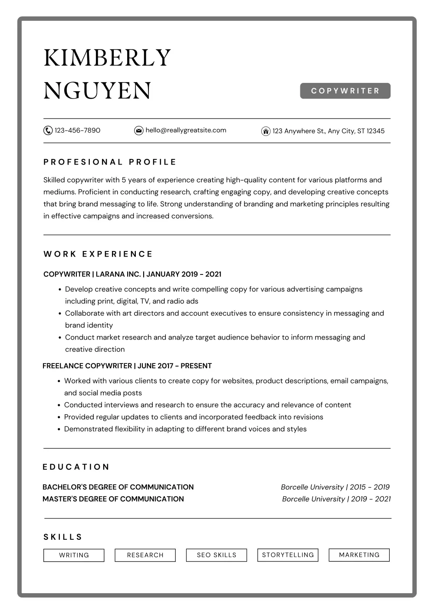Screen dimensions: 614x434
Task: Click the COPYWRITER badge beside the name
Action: [x=345, y=91]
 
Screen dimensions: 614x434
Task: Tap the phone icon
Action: [x=48, y=130]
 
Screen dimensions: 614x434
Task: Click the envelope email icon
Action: [x=139, y=130]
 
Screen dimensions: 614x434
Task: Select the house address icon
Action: [x=266, y=131]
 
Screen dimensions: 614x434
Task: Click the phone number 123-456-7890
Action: [x=77, y=130]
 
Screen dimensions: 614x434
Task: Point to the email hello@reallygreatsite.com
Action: [x=186, y=130]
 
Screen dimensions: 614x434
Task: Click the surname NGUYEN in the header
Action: [x=97, y=91]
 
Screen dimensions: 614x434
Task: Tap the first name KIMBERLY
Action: [x=107, y=58]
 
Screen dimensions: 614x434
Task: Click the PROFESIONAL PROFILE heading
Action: [x=110, y=162]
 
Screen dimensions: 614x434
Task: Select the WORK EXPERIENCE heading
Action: [x=98, y=254]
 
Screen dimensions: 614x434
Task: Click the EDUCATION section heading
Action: [x=76, y=467]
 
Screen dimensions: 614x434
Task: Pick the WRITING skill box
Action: [x=74, y=555]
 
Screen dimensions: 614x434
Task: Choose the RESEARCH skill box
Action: [x=145, y=555]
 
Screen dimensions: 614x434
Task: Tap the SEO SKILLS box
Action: [x=217, y=555]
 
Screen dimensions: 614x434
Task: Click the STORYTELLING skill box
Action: [x=288, y=555]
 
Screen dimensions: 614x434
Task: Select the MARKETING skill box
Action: [x=359, y=555]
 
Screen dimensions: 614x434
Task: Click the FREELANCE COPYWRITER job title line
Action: [x=127, y=366]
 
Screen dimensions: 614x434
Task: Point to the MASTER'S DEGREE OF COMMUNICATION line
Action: [x=113, y=499]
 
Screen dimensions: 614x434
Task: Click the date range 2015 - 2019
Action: [x=370, y=487]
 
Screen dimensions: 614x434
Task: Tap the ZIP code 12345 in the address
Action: [x=375, y=131]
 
